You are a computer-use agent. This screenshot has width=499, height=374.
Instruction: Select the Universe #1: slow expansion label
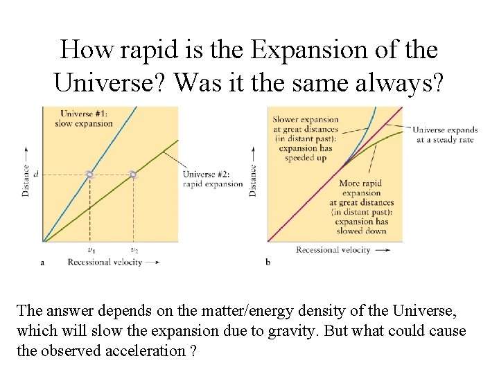click(86, 118)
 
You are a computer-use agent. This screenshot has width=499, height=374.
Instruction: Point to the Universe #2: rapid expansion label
click(212, 179)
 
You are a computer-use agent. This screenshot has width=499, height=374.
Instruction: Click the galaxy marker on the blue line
click(89, 175)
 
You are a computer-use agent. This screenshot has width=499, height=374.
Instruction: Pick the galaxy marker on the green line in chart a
click(134, 175)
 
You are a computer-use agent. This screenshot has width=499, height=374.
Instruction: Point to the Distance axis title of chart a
click(26, 179)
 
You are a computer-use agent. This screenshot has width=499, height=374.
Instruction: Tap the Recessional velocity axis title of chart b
click(333, 250)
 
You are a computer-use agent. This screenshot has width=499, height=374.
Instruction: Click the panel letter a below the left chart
click(43, 262)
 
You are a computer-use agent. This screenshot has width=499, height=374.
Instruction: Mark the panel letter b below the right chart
click(268, 262)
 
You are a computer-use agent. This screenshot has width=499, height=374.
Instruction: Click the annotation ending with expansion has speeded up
click(305, 139)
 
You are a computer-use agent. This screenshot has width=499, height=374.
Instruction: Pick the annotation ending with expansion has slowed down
click(361, 207)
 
